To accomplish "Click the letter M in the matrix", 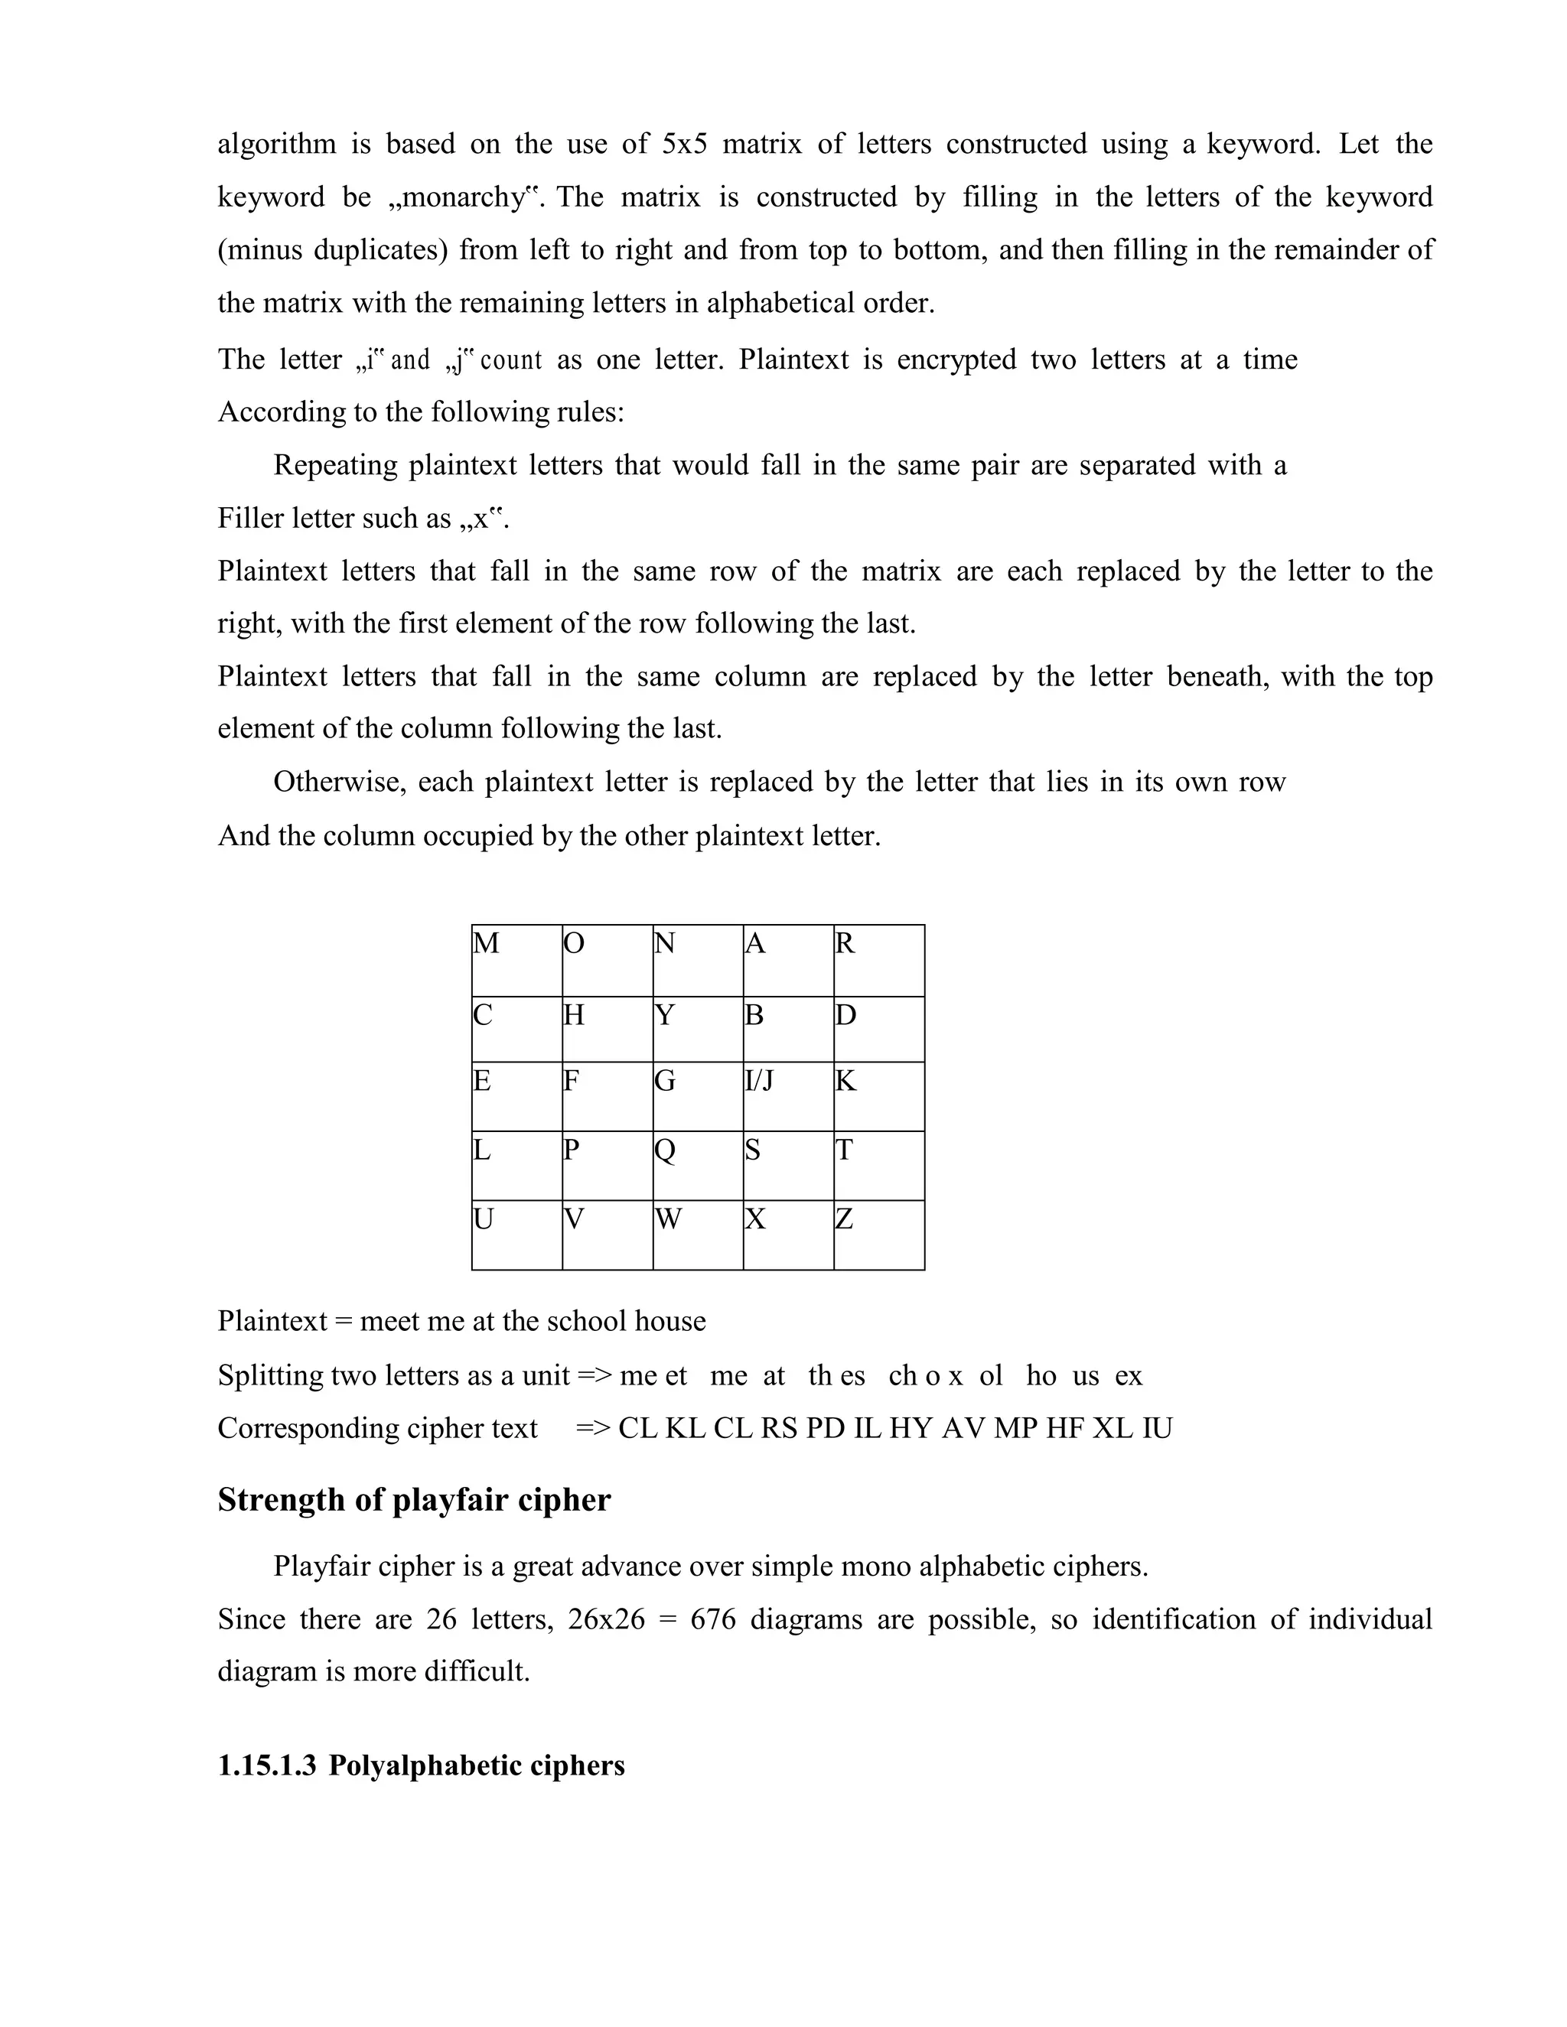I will click(487, 944).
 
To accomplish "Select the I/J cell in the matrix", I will click(758, 1082).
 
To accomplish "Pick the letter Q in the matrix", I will click(665, 1151).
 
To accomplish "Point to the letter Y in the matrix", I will click(665, 1015).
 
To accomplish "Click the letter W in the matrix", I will click(669, 1219).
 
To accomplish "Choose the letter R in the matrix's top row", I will click(845, 944).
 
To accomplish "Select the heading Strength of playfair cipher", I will click(414, 1500).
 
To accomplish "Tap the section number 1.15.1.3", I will click(266, 1765).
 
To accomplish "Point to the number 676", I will click(713, 1619).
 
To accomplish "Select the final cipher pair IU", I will click(1157, 1427).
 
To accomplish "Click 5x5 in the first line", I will click(685, 145).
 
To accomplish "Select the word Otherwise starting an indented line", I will click(340, 782).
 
